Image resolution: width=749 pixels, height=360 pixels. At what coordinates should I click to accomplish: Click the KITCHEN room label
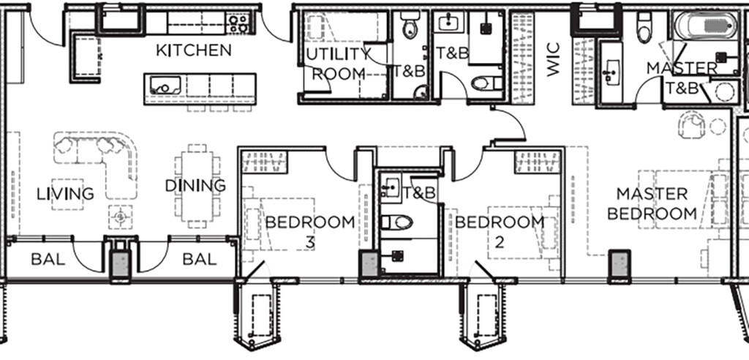pos(193,50)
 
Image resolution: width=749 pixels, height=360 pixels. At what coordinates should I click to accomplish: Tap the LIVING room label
pos(65,194)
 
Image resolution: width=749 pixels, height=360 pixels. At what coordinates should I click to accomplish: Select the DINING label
pos(195,186)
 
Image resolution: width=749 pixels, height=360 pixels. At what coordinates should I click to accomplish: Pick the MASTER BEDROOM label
pos(652,203)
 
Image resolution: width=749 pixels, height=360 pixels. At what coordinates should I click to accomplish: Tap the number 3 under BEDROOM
pos(310,243)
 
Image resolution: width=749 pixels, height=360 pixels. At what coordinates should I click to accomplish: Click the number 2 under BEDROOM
pos(499,243)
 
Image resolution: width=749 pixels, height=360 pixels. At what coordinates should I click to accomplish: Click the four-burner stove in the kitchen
pos(238,23)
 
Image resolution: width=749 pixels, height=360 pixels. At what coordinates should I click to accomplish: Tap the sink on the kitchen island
pos(165,85)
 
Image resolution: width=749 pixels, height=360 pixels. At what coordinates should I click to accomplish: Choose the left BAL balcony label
pos(48,260)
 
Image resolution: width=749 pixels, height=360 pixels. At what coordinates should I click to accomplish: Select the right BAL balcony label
pos(200,260)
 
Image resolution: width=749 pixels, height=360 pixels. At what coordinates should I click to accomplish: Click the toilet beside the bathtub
pos(644,28)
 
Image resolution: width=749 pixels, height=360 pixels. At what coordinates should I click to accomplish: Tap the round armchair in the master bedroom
pos(691,124)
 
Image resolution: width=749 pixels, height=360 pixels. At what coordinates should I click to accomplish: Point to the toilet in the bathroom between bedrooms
pos(396,222)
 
